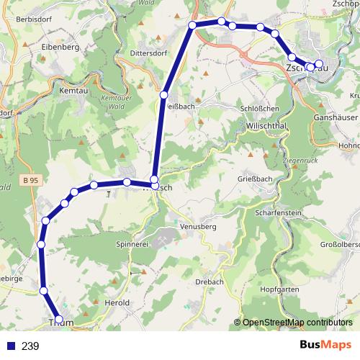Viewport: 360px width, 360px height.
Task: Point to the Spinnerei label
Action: click(x=133, y=245)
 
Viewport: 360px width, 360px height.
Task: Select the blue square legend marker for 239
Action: click(x=10, y=346)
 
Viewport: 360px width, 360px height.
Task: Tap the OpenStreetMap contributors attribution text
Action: click(x=297, y=322)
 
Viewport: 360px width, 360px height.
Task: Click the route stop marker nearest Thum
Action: click(x=59, y=320)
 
